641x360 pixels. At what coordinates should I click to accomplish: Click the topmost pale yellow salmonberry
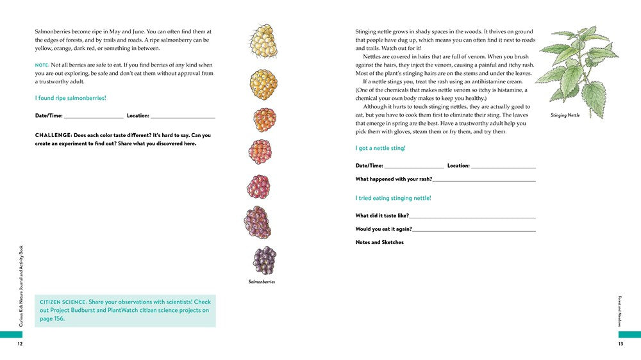tap(262, 40)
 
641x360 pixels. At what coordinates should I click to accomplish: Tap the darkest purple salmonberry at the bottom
tap(263, 259)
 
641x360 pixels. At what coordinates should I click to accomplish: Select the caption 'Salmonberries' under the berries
tap(262, 282)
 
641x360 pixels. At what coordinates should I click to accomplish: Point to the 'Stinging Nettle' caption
tap(565, 115)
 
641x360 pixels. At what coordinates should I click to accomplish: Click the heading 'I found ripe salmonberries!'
tap(71, 98)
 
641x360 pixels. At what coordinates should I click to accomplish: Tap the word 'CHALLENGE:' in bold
tap(53, 135)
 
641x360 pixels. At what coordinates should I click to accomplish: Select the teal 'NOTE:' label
tap(42, 65)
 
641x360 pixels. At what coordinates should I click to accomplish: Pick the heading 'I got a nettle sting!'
tap(381, 148)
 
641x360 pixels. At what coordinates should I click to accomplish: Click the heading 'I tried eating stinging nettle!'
tap(393, 198)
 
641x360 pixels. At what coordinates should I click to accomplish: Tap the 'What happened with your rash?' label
tap(394, 179)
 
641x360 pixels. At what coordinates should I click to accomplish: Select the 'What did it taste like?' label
tap(382, 216)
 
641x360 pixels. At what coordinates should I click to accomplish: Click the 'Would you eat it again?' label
tap(383, 229)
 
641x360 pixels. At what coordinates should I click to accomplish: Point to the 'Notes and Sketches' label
tap(379, 242)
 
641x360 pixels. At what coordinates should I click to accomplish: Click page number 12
tap(20, 344)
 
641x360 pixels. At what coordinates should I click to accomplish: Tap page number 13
tap(620, 344)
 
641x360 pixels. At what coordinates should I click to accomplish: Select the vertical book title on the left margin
tap(21, 286)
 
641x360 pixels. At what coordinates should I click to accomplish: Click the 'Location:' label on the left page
tap(138, 116)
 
